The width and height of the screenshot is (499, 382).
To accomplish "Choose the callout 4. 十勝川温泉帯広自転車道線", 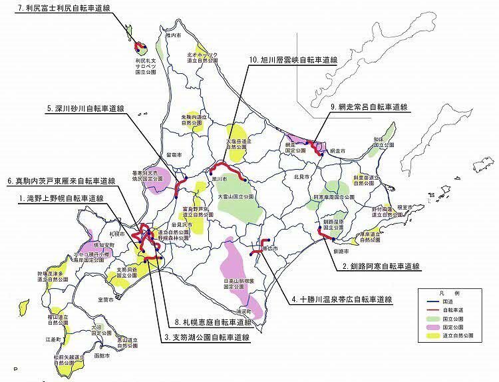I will click(340, 299).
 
